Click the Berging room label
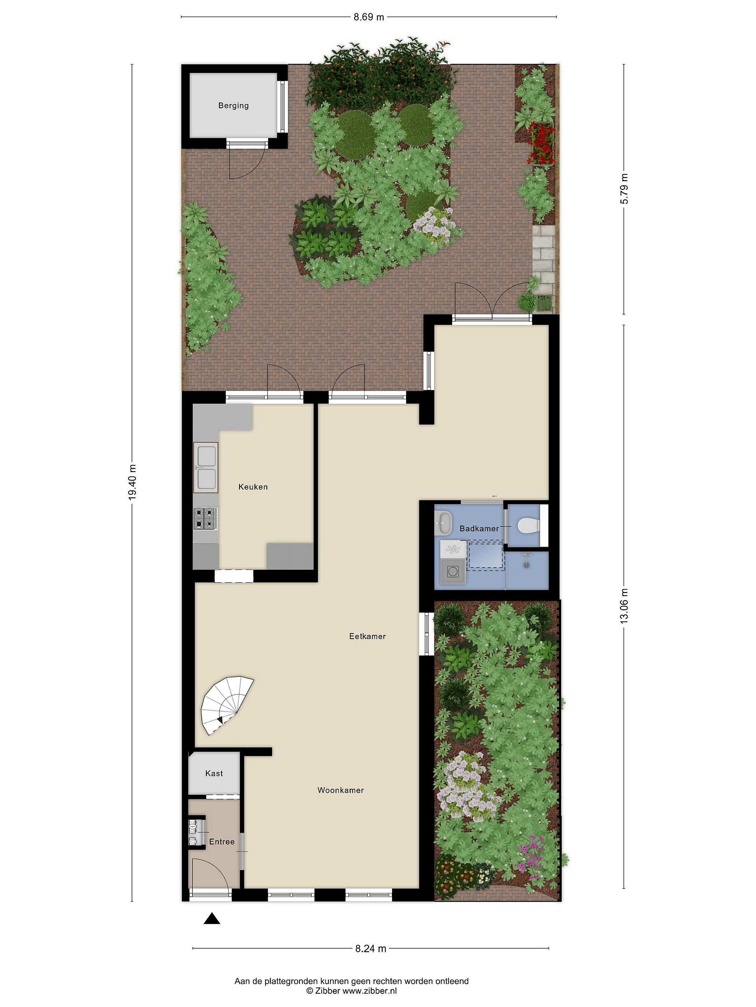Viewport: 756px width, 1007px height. tap(233, 106)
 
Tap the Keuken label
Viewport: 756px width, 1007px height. tap(253, 487)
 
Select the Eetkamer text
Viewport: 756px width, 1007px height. tap(367, 636)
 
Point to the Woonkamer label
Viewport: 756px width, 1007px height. tap(341, 790)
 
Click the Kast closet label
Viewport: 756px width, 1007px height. tap(214, 773)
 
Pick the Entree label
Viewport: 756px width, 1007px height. tap(222, 842)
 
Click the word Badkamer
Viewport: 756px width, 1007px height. tap(479, 529)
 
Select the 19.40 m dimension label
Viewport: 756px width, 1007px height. tap(132, 482)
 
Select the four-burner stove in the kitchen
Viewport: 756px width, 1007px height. tap(205, 519)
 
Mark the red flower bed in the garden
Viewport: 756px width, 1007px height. tap(541, 144)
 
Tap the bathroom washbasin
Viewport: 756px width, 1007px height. tap(443, 523)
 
